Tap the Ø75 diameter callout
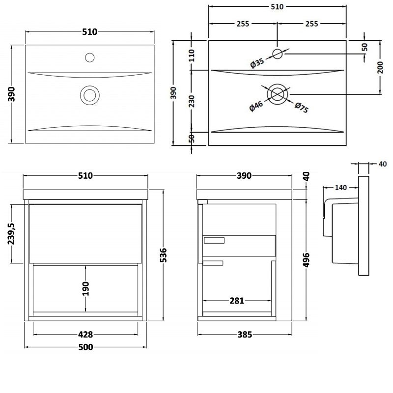click(x=301, y=108)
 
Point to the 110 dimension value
click(x=192, y=55)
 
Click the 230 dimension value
click(x=192, y=101)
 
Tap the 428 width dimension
click(x=85, y=335)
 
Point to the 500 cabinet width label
click(x=85, y=347)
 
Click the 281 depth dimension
click(x=237, y=301)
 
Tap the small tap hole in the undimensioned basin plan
click(x=89, y=57)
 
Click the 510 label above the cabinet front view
click(x=85, y=176)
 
